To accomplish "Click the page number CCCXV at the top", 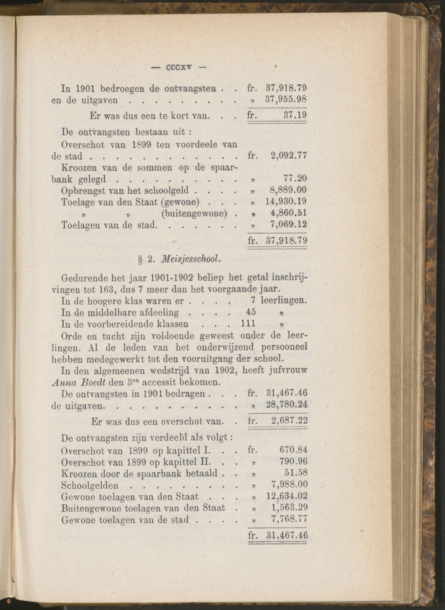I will [x=179, y=68].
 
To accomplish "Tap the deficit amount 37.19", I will [x=295, y=116].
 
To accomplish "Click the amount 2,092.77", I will [x=288, y=156].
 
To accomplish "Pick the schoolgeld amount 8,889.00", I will [x=288, y=190].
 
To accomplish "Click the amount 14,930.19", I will [x=286, y=202].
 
